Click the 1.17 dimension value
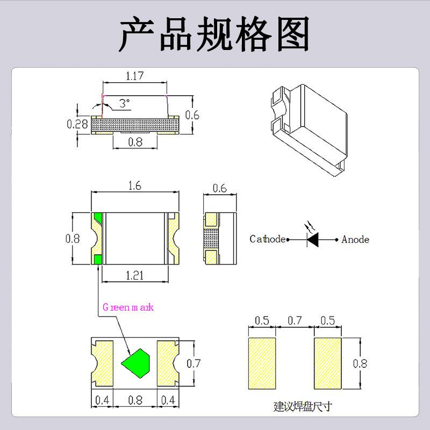(x=135, y=76)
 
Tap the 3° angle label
(x=125, y=103)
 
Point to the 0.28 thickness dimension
(x=77, y=124)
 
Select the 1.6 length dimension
(x=135, y=186)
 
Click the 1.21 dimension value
(x=135, y=275)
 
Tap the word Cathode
(x=267, y=239)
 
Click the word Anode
(x=355, y=240)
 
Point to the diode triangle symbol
(x=313, y=240)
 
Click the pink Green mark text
(x=128, y=307)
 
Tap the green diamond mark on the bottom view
(x=136, y=363)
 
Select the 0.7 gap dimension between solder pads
(x=295, y=320)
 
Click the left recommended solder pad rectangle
(x=262, y=363)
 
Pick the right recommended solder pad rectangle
(x=328, y=363)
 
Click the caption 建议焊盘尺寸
(x=303, y=406)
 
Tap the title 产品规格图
(x=214, y=34)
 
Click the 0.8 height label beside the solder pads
(x=360, y=364)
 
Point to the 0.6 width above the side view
(x=220, y=189)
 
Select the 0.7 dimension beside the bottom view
(x=193, y=364)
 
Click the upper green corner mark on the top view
(x=98, y=217)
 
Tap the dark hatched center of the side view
(x=211, y=238)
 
